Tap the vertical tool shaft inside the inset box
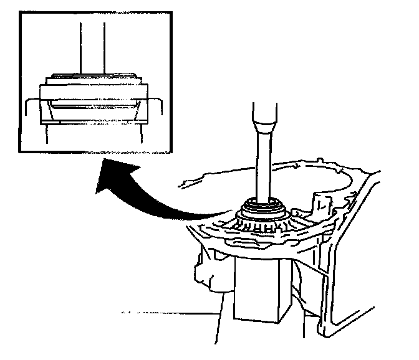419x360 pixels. point(92,47)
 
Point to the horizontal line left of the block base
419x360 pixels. point(168,311)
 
